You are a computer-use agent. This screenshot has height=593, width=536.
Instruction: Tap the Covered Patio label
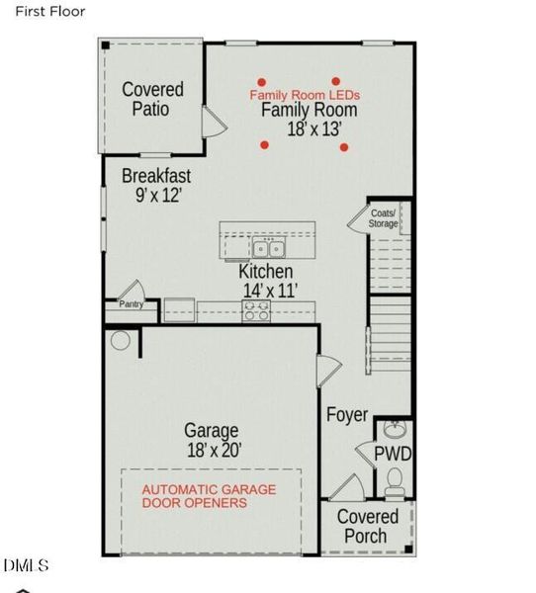click(x=152, y=99)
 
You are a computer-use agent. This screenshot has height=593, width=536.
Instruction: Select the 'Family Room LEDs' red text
click(x=305, y=95)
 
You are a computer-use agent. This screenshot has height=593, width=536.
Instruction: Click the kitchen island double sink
click(x=267, y=247)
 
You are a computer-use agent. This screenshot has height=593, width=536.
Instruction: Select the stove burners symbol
click(x=256, y=310)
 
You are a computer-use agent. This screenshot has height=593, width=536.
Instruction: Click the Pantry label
click(x=132, y=304)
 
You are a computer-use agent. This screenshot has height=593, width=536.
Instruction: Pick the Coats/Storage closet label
click(x=384, y=218)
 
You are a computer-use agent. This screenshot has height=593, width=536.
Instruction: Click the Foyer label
click(x=347, y=415)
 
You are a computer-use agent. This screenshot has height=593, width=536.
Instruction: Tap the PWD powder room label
click(x=393, y=455)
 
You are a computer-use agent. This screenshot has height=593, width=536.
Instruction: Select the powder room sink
click(x=395, y=431)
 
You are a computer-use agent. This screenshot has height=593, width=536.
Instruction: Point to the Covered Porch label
click(x=368, y=526)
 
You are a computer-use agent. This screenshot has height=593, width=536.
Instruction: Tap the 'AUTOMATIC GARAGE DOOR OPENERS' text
click(x=209, y=496)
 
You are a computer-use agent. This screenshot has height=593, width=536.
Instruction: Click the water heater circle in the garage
click(x=121, y=341)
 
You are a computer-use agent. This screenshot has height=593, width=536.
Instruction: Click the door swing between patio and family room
click(x=214, y=122)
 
